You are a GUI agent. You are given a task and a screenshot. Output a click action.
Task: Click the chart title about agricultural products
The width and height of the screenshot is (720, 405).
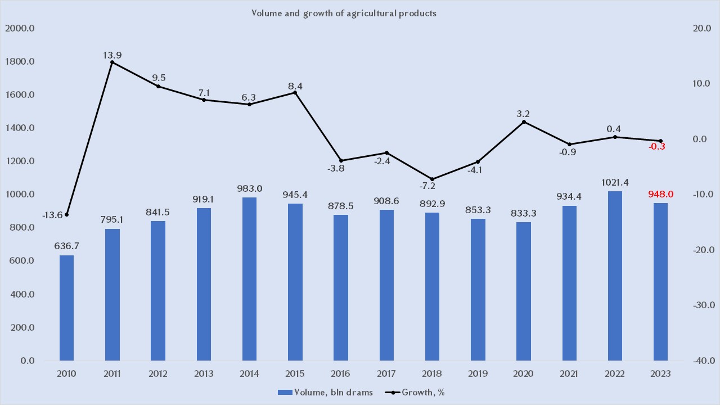[344, 13]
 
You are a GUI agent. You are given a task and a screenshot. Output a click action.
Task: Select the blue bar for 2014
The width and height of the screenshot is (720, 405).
[249, 278]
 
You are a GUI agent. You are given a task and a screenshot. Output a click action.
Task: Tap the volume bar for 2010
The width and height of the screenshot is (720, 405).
[66, 308]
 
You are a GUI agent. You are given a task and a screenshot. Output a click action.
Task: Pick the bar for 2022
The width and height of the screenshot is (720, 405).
[615, 276]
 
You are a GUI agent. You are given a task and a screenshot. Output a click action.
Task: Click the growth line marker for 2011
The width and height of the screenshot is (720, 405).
[112, 62]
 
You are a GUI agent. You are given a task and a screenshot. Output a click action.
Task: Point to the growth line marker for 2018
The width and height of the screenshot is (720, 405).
[432, 179]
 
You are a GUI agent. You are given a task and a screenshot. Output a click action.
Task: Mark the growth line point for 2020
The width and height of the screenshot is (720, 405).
[524, 121]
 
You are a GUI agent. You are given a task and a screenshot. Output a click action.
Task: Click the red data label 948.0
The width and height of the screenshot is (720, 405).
[660, 195]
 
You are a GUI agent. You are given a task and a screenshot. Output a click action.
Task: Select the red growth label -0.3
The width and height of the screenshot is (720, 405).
[657, 147]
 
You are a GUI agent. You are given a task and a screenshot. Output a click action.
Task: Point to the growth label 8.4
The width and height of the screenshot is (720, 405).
[295, 86]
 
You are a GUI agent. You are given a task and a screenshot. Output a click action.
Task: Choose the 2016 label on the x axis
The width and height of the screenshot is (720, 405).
[341, 373]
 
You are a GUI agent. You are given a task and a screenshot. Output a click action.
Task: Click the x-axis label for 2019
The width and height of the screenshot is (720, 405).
[478, 373]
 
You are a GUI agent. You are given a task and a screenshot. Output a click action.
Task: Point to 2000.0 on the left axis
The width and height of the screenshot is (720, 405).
[20, 28]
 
